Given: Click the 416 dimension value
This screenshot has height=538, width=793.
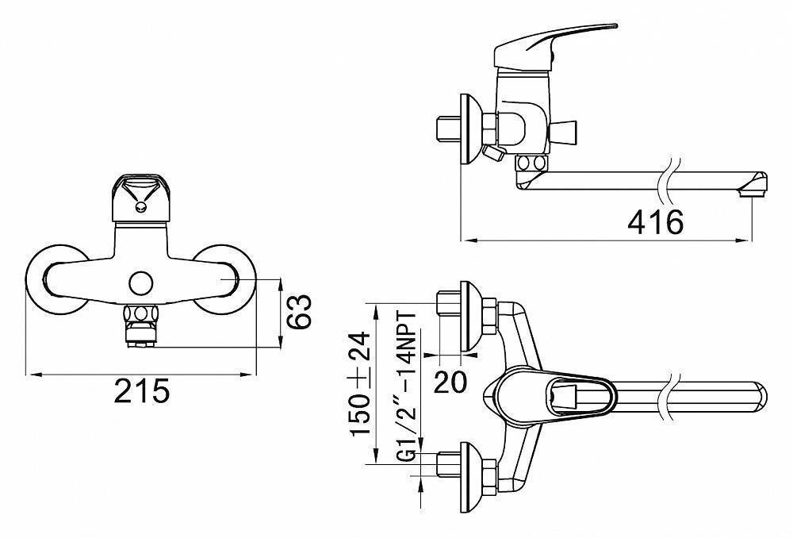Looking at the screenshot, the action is [656, 222].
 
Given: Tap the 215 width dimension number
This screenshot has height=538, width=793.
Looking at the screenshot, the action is [141, 390].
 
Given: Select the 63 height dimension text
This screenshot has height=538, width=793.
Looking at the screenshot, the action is [300, 313].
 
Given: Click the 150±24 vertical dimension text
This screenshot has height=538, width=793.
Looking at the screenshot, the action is [362, 383].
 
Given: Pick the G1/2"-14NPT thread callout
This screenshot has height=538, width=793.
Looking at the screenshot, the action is [407, 386].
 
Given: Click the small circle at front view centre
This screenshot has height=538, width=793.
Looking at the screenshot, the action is [140, 283].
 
